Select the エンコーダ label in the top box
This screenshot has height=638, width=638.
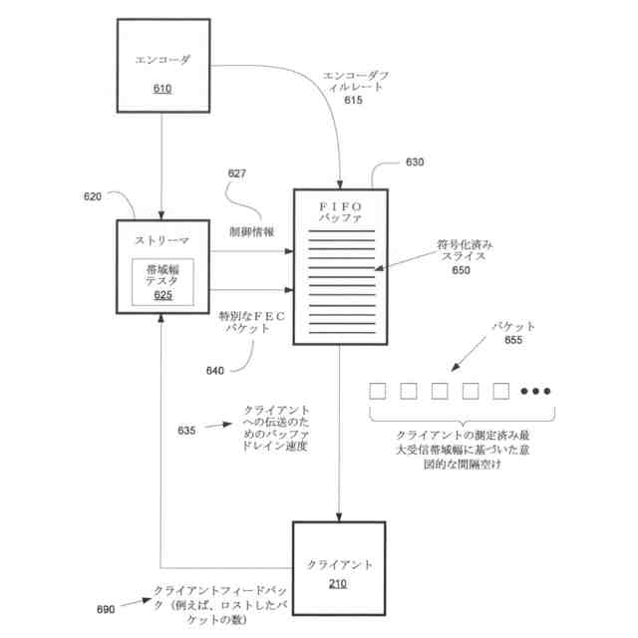[161, 61]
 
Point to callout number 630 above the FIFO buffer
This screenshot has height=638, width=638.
[413, 161]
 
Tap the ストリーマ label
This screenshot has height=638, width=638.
[161, 241]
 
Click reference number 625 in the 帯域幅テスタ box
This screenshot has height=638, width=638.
[162, 294]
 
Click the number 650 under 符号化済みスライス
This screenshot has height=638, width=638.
[461, 269]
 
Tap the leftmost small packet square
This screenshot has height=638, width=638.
[378, 391]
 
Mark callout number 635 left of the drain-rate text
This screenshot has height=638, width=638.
[186, 431]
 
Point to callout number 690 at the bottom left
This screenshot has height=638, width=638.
[106, 607]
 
